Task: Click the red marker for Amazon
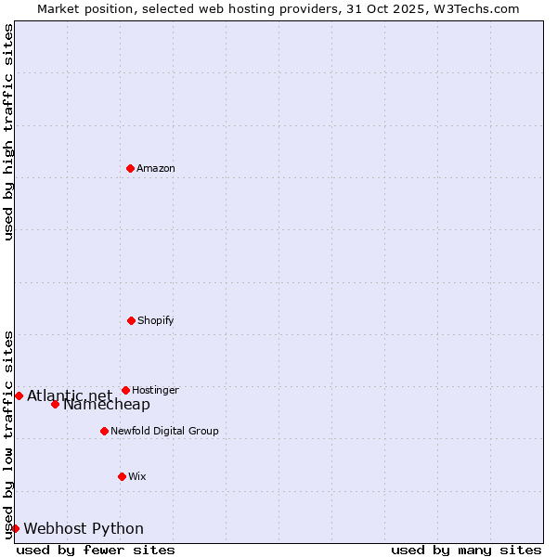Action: pos(130,168)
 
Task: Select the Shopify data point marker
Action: pos(131,320)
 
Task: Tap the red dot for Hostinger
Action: pos(125,390)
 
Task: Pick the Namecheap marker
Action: pos(55,404)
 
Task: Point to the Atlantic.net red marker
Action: pos(19,395)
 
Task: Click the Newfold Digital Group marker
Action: pos(104,431)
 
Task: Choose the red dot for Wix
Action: pos(122,476)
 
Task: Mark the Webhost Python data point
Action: pos(15,528)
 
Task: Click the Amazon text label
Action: pos(156,168)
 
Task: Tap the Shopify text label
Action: pos(156,320)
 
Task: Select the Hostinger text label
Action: pos(155,390)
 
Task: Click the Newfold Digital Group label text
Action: pos(164,431)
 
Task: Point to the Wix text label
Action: pos(137,476)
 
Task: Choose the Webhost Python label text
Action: pos(84,528)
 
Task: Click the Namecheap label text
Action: pos(107,405)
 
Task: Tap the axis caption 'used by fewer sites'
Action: pos(96,550)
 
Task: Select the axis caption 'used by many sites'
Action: pos(466,550)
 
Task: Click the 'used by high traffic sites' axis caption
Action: pos(8,132)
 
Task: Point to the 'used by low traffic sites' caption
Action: pos(8,434)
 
